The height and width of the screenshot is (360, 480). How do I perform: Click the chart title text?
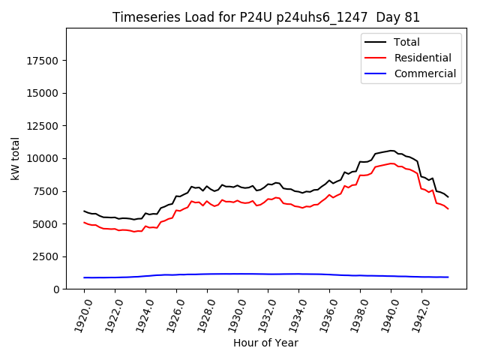click(x=266, y=17)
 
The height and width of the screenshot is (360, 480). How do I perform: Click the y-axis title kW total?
click(x=15, y=158)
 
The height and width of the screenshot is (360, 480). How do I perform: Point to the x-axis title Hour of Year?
click(x=265, y=343)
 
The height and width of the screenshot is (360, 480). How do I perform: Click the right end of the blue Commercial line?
click(x=448, y=277)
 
